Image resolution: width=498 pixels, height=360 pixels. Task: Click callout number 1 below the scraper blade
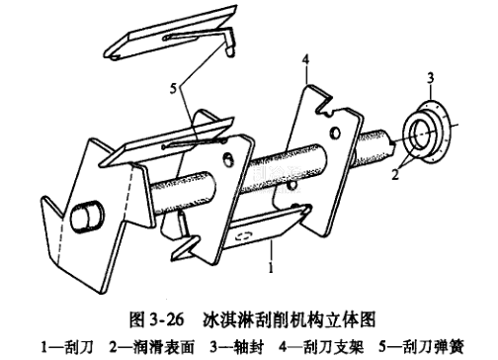click(x=271, y=268)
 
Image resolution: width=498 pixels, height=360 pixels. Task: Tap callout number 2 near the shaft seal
click(x=395, y=174)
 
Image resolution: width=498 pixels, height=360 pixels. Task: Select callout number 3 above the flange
click(x=431, y=78)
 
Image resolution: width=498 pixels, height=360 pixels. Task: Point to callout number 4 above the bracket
click(x=306, y=60)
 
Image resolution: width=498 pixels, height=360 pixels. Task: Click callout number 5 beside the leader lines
click(x=174, y=88)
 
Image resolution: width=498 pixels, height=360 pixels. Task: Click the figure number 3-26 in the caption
click(x=166, y=319)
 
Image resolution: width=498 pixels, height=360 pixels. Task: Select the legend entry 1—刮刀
click(x=67, y=347)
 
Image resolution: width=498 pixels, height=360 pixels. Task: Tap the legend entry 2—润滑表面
click(x=152, y=347)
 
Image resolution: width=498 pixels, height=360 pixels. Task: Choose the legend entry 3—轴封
click(x=237, y=347)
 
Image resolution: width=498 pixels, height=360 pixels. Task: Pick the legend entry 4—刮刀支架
click(x=321, y=347)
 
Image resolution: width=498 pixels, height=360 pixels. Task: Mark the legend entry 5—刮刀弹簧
click(x=422, y=347)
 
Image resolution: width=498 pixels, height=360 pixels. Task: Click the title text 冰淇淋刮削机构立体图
click(x=290, y=319)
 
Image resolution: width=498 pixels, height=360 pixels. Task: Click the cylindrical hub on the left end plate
click(x=86, y=216)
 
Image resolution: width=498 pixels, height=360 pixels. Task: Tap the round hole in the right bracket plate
click(x=335, y=133)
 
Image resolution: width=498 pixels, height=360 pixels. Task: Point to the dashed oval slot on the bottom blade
click(x=243, y=235)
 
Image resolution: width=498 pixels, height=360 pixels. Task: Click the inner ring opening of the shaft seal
click(x=421, y=134)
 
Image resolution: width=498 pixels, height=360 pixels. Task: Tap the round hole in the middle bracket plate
click(x=228, y=159)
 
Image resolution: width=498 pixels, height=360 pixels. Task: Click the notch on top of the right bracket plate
click(x=326, y=105)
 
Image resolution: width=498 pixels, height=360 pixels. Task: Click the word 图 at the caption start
click(x=136, y=319)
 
